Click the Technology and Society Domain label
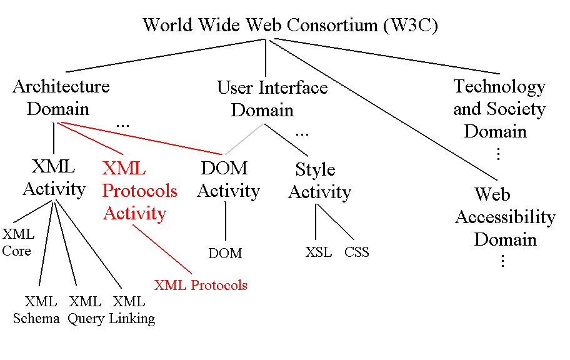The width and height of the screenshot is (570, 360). click(499, 109)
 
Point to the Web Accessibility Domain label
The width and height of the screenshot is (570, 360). click(504, 217)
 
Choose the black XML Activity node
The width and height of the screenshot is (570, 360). click(54, 178)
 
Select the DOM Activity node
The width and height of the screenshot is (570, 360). click(227, 179)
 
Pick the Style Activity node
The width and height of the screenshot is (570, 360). click(319, 181)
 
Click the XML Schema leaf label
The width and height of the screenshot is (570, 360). click(37, 311)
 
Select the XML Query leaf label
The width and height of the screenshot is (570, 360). click(86, 311)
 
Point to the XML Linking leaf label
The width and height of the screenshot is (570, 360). click(132, 311)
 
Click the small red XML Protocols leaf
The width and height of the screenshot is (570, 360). click(201, 286)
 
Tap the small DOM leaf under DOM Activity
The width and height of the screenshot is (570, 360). click(225, 254)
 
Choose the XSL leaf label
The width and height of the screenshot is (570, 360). click(319, 253)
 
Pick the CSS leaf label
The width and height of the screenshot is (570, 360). click(357, 253)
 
